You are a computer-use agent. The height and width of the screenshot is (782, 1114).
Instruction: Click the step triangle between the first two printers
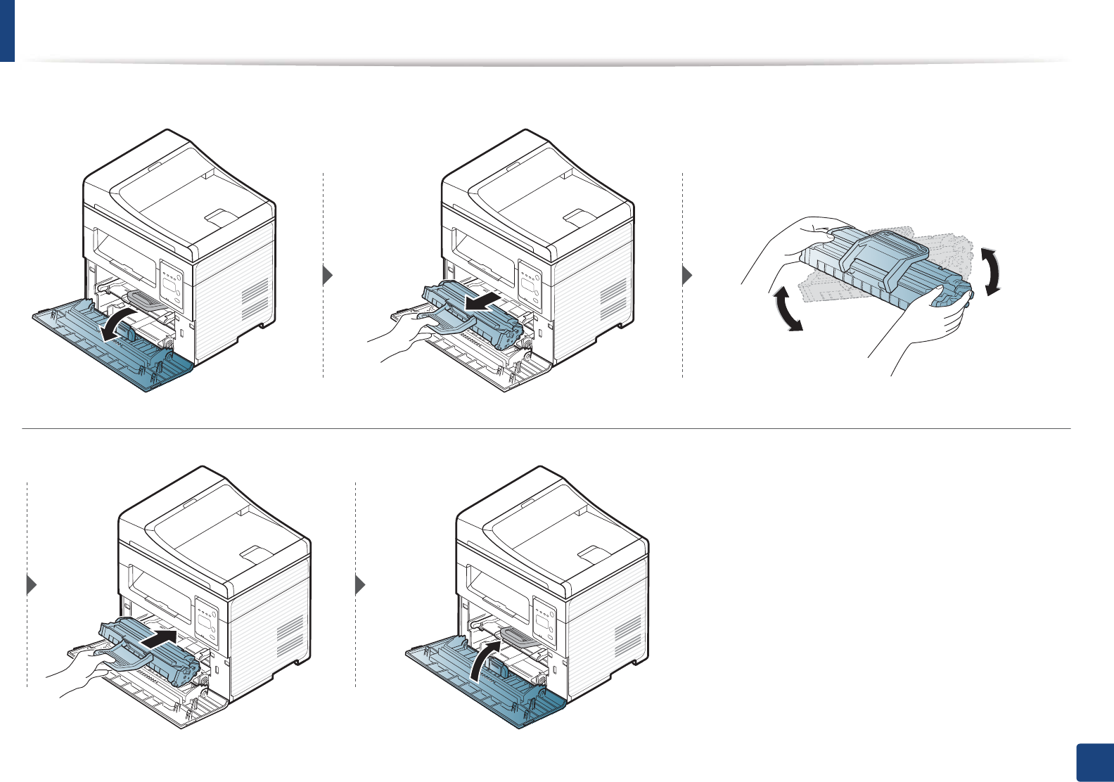coord(327,275)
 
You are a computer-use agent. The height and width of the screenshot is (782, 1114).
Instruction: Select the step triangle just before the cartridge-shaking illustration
coord(687,275)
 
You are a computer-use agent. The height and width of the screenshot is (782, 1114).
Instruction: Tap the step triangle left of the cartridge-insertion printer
coord(31,584)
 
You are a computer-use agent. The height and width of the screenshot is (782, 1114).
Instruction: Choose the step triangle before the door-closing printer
coord(360,584)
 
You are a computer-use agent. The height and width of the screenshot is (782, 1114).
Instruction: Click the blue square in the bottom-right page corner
coord(1094,762)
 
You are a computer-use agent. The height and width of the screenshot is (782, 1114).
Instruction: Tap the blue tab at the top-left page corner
coord(7,30)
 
